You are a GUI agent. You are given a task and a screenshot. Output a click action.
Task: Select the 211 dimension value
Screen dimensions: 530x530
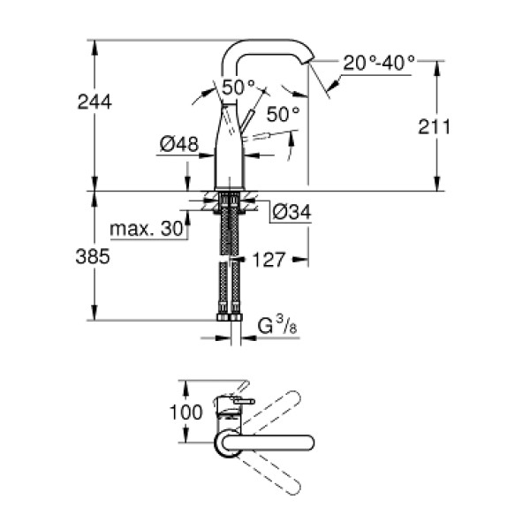click(x=435, y=126)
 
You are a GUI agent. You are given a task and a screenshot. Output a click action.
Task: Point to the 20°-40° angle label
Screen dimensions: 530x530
click(x=379, y=64)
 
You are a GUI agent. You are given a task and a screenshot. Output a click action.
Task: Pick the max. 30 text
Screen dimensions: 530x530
click(x=148, y=230)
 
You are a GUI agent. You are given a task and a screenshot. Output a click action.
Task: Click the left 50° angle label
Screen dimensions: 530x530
click(x=238, y=87)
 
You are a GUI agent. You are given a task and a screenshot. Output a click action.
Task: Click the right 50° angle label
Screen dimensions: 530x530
click(x=283, y=114)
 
